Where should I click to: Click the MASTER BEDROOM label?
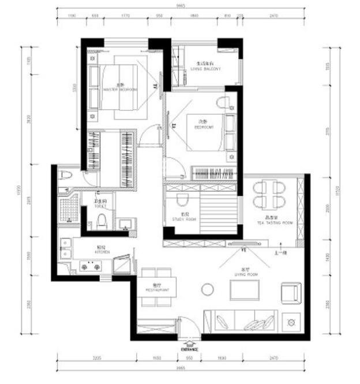click(x=121, y=88)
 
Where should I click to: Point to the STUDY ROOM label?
click(x=184, y=220)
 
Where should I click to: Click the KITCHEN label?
click(x=103, y=251)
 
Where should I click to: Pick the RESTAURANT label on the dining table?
click(x=156, y=289)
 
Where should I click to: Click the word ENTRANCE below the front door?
click(x=189, y=349)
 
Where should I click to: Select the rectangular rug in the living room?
click(x=245, y=289)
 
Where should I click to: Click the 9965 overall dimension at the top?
click(x=181, y=8)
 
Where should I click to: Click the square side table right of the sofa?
click(x=290, y=320)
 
